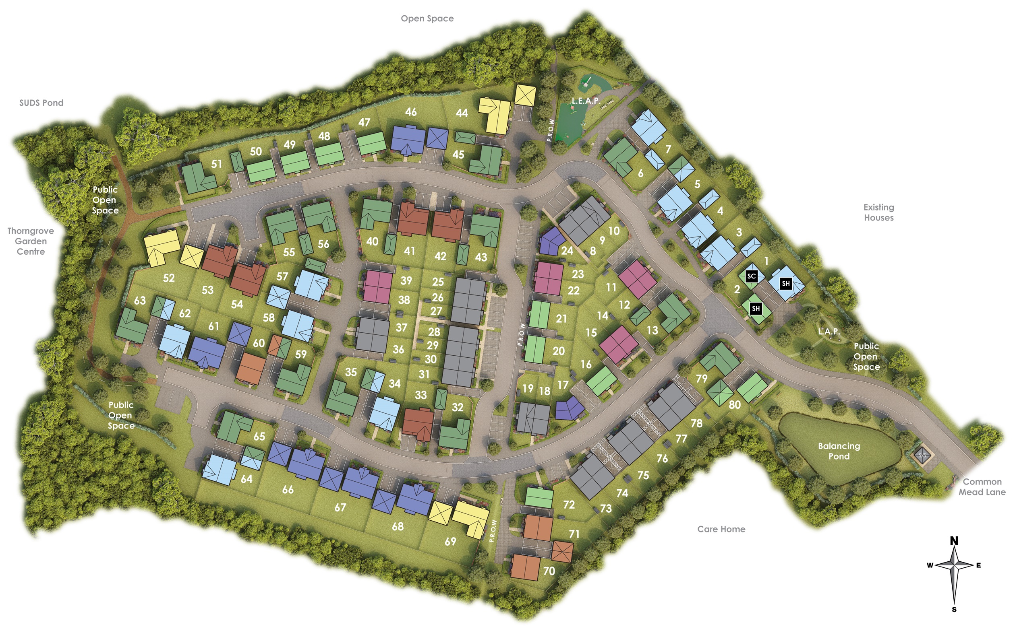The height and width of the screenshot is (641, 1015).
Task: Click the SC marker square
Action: coord(751,276)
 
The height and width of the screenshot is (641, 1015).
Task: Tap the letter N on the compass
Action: coord(954,541)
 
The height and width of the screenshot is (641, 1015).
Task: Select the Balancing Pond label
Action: coord(839,451)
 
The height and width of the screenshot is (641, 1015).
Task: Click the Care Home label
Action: coord(721,529)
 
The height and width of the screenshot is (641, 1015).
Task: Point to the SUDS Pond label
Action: coord(41,103)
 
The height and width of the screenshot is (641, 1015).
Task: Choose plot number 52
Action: coord(169,278)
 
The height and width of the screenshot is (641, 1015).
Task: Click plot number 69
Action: coord(450,541)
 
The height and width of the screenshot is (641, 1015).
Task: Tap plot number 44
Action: coord(462,113)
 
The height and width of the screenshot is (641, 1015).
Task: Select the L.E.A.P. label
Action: coord(586,101)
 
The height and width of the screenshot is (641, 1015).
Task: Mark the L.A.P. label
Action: coord(829,332)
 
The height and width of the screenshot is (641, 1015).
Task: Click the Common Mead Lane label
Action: coord(982,487)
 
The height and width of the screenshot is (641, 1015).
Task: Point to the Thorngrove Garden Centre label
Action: coord(31,241)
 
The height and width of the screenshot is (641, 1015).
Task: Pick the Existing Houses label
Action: coord(878,212)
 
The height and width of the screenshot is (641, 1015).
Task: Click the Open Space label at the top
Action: coord(427,19)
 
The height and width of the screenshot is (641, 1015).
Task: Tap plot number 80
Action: coord(734,405)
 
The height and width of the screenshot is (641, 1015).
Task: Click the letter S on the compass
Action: coord(954,610)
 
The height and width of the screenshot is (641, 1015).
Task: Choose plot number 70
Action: coord(549,571)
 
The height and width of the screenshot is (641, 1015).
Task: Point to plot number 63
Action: coord(139,300)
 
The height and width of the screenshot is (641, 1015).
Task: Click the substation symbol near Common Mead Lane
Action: coord(922,455)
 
